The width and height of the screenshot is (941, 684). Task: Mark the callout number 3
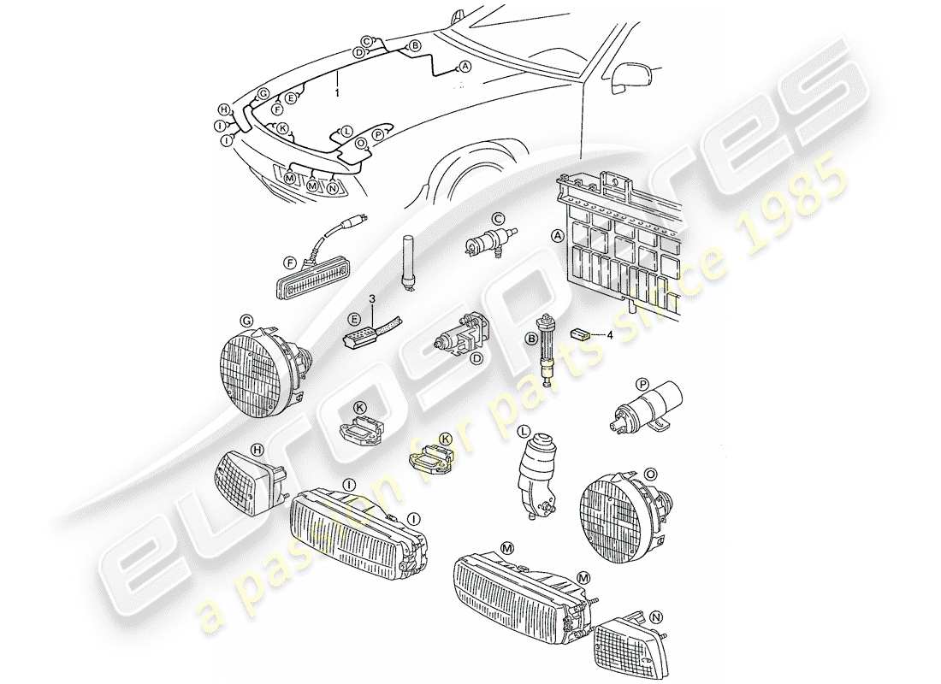point(372,298)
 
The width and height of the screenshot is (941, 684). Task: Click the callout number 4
point(610,335)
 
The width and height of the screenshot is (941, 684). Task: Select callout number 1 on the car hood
point(338,91)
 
